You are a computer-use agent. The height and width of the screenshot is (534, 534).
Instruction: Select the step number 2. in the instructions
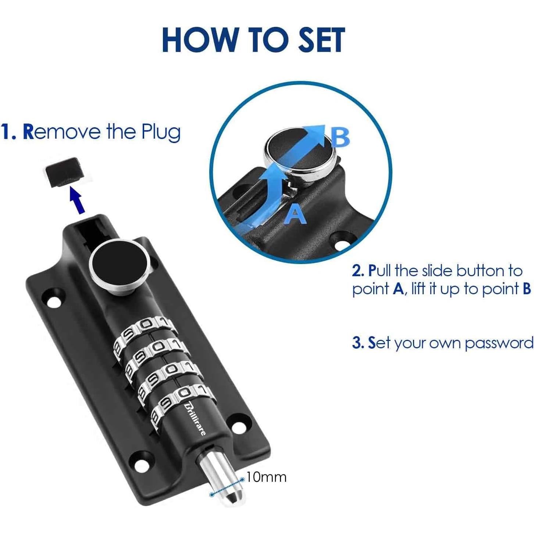point(359,271)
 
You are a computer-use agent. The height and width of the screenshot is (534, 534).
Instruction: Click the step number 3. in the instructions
point(359,342)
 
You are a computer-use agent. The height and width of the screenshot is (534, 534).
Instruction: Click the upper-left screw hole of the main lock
point(54,299)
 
